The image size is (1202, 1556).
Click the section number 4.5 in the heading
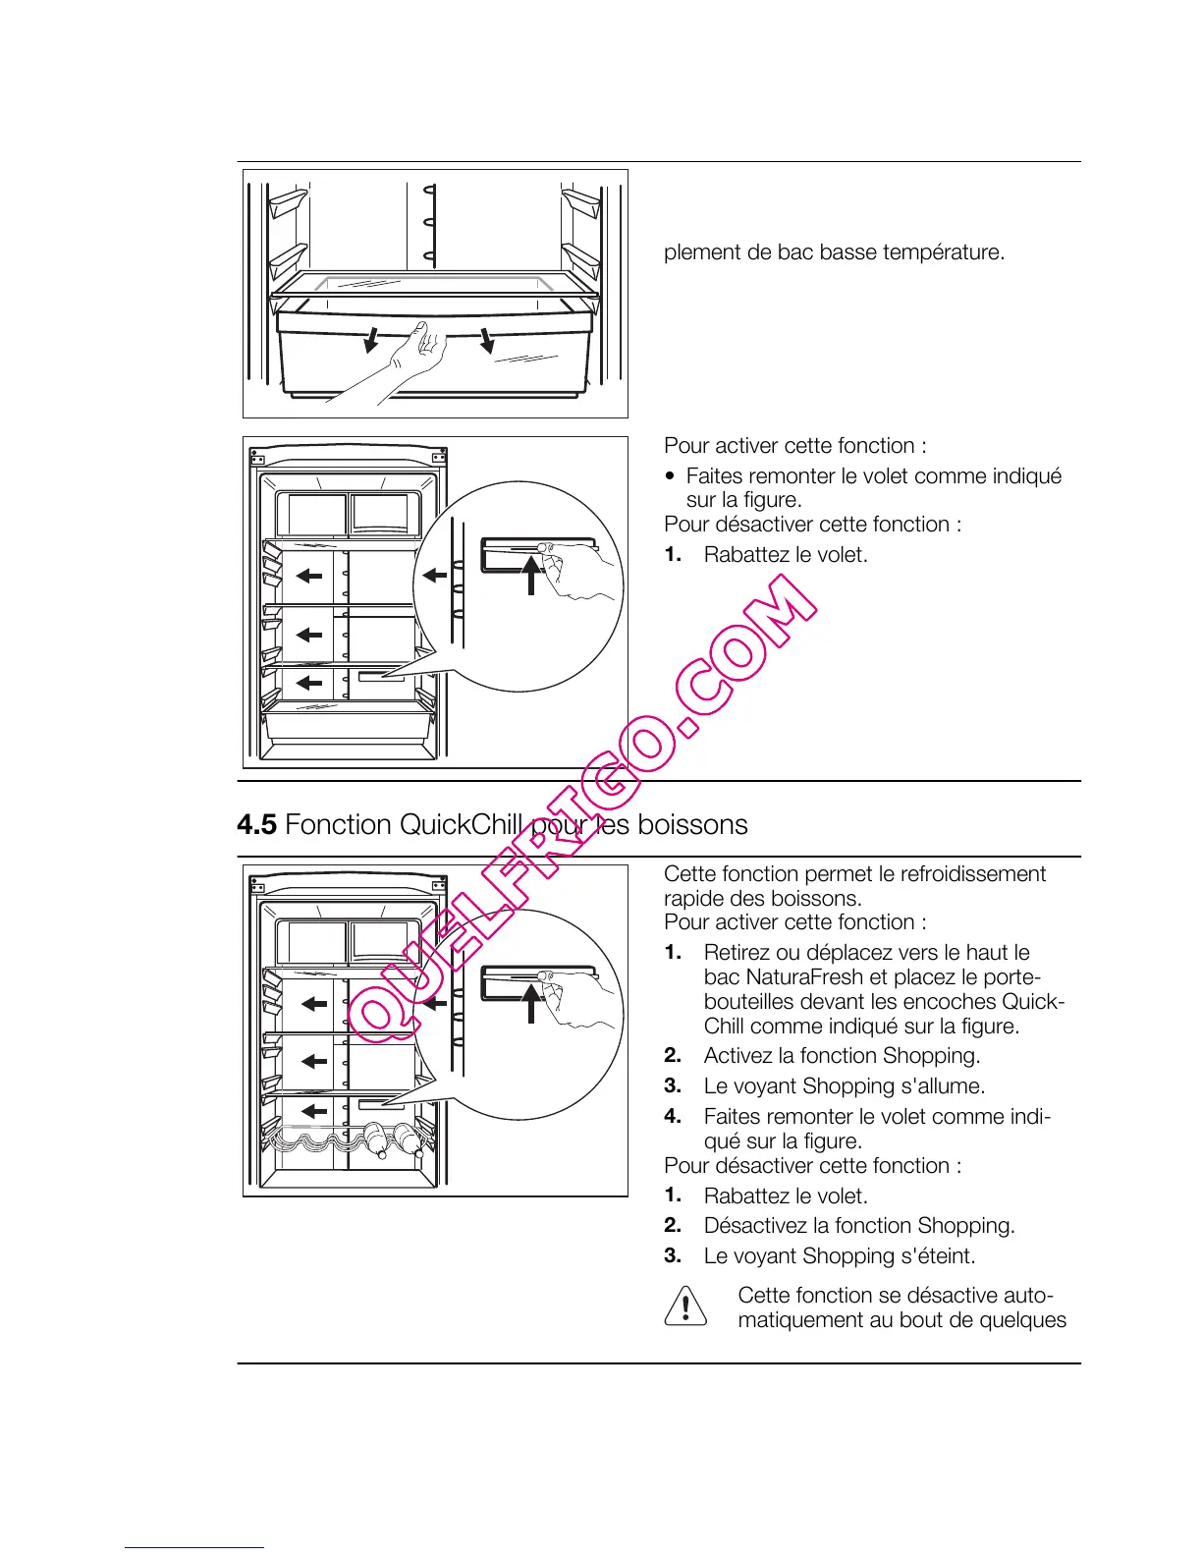point(256,825)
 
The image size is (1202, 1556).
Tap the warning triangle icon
point(685,1306)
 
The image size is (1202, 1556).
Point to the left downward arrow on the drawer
point(371,340)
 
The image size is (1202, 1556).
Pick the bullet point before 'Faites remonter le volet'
point(670,477)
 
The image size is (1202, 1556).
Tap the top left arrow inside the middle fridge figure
point(310,576)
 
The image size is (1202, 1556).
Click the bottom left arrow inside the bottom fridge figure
point(313,1111)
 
